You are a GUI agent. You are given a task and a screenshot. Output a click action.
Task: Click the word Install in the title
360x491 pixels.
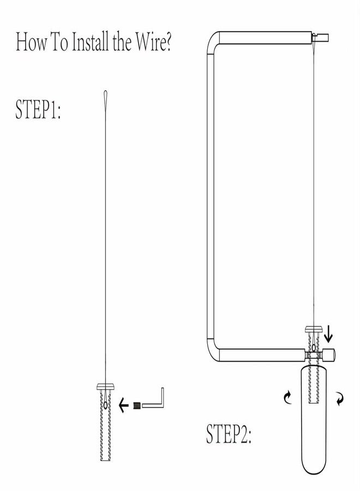pos(91,42)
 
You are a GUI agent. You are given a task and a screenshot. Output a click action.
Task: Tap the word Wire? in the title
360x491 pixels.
pos(153,42)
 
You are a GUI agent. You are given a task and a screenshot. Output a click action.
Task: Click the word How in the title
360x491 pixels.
pos(31,42)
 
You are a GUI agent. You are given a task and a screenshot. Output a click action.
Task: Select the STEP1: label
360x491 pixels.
pos(38,109)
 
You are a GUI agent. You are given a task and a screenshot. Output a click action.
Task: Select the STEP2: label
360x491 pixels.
pos(229,434)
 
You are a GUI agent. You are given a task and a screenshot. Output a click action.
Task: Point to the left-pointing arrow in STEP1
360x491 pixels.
pos(124,406)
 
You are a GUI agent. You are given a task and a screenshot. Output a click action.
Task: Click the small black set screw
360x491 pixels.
pos(136,406)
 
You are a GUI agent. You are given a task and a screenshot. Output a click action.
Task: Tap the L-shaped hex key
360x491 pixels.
pos(153,398)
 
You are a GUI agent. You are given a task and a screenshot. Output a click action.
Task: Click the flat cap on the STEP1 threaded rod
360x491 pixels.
pos(105,386)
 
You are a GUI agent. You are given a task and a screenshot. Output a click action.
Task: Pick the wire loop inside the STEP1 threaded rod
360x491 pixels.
pos(105,405)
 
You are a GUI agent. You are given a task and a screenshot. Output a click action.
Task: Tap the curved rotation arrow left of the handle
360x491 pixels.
pos(287,397)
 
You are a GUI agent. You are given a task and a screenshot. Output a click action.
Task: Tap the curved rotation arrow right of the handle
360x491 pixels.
pos(340,399)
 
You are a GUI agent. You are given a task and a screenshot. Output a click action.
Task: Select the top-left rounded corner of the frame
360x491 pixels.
pos(213,39)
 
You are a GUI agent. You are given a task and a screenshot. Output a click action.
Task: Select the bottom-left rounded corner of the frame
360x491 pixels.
pos(213,353)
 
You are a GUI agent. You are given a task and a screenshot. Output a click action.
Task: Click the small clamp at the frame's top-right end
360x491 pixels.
pos(320,38)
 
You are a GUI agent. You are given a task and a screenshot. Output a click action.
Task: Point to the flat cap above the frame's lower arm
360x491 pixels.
pos(314,330)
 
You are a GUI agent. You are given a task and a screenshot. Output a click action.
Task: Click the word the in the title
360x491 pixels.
pos(122,42)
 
